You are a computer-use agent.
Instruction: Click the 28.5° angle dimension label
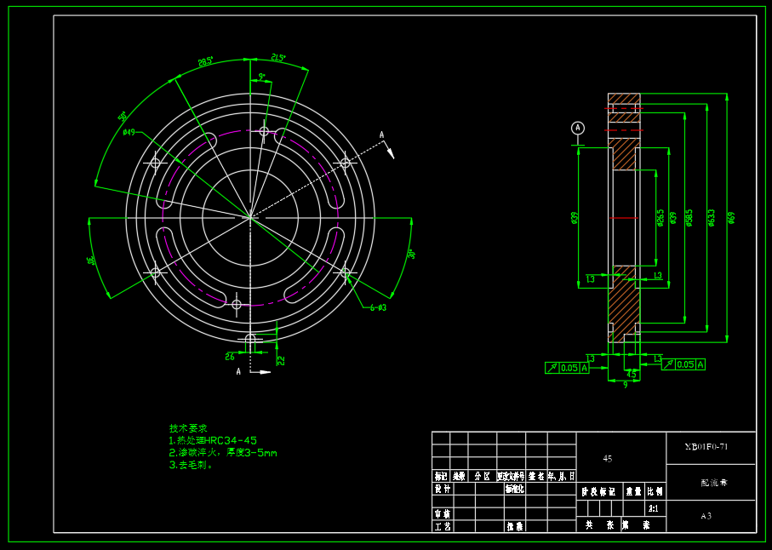(205, 62)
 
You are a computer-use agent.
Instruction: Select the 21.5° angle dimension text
(278, 59)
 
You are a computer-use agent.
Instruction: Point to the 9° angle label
(261, 77)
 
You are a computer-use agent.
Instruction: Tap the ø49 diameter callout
(129, 132)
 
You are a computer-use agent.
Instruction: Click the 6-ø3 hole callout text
(378, 307)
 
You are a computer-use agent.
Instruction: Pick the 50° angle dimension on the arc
(123, 116)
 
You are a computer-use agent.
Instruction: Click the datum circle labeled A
(578, 128)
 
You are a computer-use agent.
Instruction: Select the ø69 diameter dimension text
(732, 217)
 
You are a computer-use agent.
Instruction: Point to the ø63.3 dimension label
(712, 218)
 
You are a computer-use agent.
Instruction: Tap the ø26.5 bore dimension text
(660, 218)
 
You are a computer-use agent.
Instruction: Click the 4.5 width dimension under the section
(631, 374)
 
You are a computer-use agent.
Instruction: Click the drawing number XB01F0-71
(707, 447)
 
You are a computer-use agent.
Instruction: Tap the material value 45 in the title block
(608, 458)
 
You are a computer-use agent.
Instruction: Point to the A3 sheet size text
(706, 516)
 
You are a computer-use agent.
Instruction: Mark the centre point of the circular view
(250, 217)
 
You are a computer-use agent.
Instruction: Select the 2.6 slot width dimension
(230, 357)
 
